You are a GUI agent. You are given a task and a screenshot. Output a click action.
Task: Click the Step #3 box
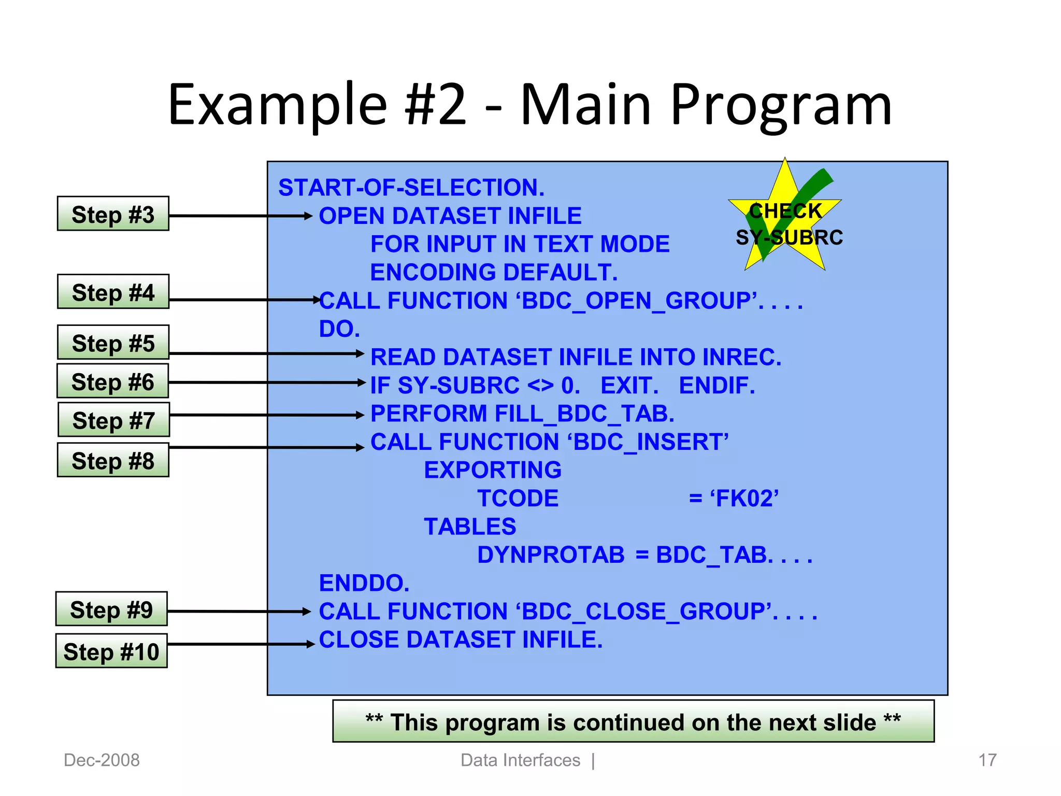coord(113,214)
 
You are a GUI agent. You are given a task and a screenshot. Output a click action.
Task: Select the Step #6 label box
coord(112,381)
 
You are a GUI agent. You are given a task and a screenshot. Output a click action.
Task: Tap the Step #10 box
coord(111,651)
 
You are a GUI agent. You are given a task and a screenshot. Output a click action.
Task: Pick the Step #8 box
coord(113,460)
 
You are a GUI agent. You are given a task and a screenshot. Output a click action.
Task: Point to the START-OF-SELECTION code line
coord(411,188)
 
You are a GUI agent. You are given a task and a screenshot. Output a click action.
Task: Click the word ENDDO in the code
coord(364,584)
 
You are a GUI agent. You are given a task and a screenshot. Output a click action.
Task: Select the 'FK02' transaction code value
coord(744,499)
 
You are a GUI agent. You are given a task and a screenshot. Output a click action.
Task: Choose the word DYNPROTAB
coord(551,555)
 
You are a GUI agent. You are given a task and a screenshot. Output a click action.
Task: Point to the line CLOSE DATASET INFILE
coord(461,640)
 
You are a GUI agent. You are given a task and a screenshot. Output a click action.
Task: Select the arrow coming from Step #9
coord(238,612)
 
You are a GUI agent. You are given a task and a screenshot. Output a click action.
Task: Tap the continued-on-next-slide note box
coord(633,722)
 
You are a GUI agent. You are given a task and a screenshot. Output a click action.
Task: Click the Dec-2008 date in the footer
coord(102,760)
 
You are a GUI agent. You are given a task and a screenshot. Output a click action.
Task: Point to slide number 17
coord(987,760)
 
